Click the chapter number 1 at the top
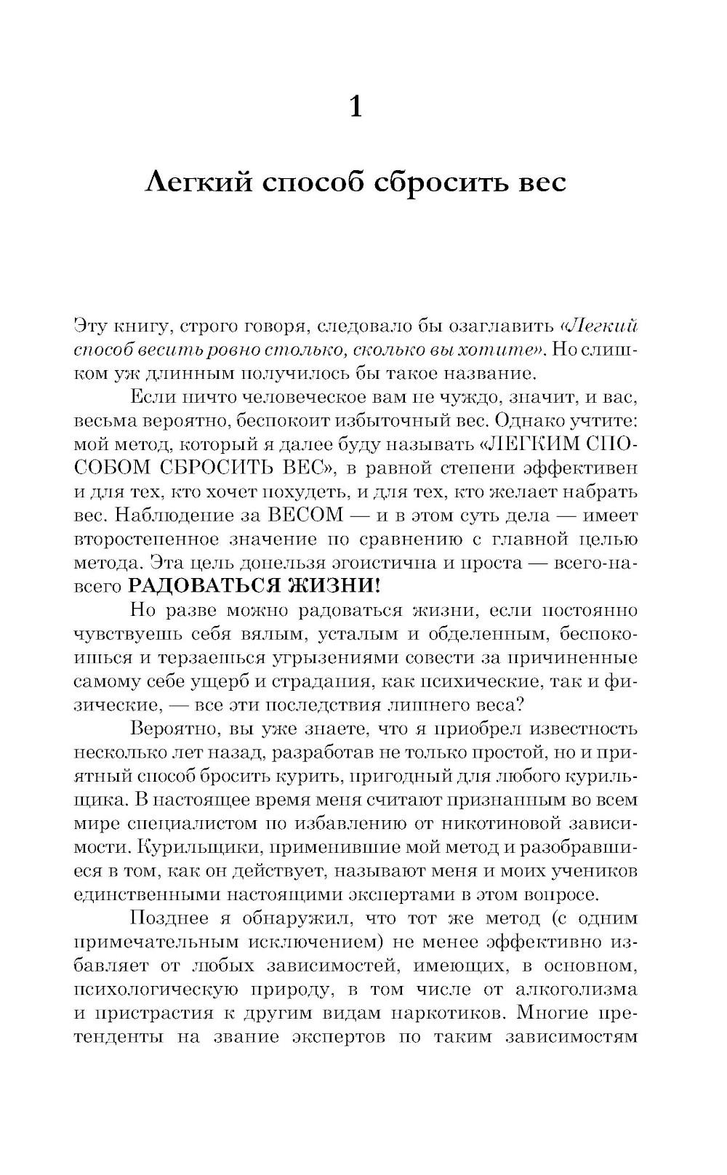[x=356, y=108]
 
